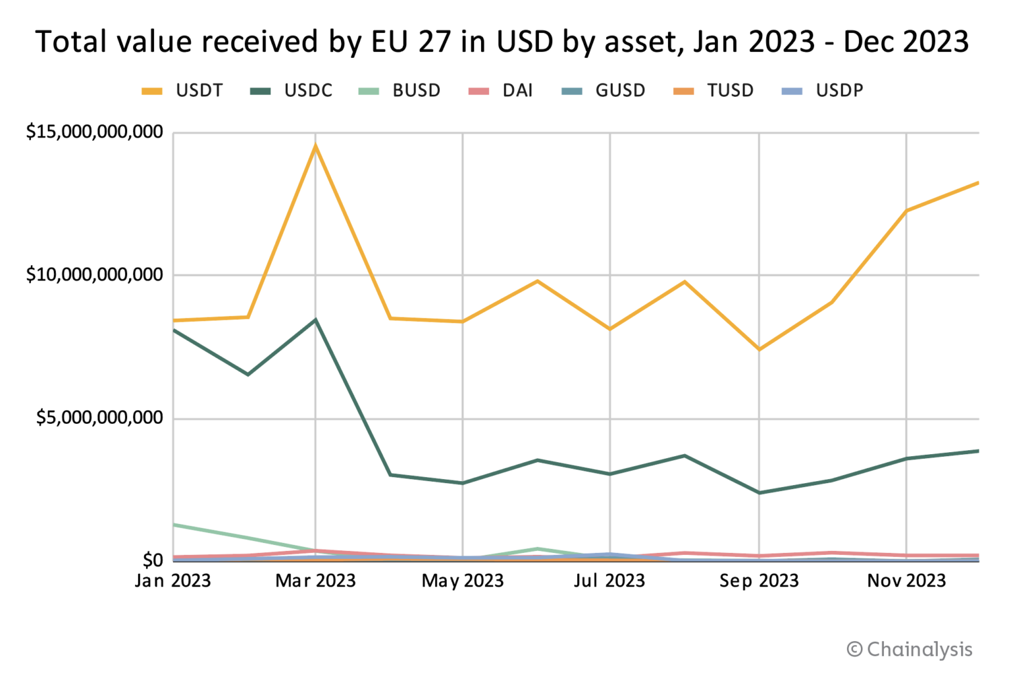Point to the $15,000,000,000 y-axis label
(95, 132)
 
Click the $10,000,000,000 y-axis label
(95, 274)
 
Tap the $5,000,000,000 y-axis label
(100, 418)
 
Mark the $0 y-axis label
(153, 560)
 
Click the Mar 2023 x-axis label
(315, 581)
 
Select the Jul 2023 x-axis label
(609, 581)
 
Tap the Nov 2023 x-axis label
(906, 581)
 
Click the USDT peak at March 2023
(315, 145)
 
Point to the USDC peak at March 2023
(315, 320)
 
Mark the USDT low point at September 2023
(759, 349)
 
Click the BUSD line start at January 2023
(175, 524)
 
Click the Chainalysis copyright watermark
(909, 649)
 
